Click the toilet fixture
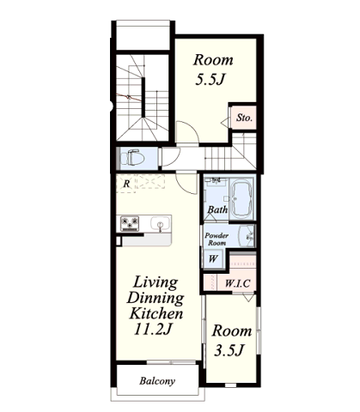pyautogui.click(x=132, y=158)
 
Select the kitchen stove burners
pyautogui.click(x=130, y=223)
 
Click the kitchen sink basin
pyautogui.click(x=160, y=223)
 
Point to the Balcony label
pyautogui.click(x=157, y=381)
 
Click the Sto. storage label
pyautogui.click(x=244, y=118)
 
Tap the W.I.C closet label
pyautogui.click(x=237, y=283)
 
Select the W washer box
pyautogui.click(x=213, y=258)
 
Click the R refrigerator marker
pyautogui.click(x=126, y=184)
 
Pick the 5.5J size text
pyautogui.click(x=209, y=80)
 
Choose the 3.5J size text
pyautogui.click(x=229, y=350)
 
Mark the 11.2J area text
pyautogui.click(x=153, y=329)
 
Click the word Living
pyautogui.click(x=156, y=282)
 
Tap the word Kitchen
pyautogui.click(x=156, y=313)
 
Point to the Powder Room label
pyautogui.click(x=217, y=239)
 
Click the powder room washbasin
pyautogui.click(x=247, y=236)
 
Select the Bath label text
pyautogui.click(x=217, y=209)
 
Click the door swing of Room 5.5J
pyautogui.click(x=187, y=134)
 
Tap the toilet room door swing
pyautogui.click(x=171, y=157)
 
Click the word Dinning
pyautogui.click(x=156, y=298)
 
